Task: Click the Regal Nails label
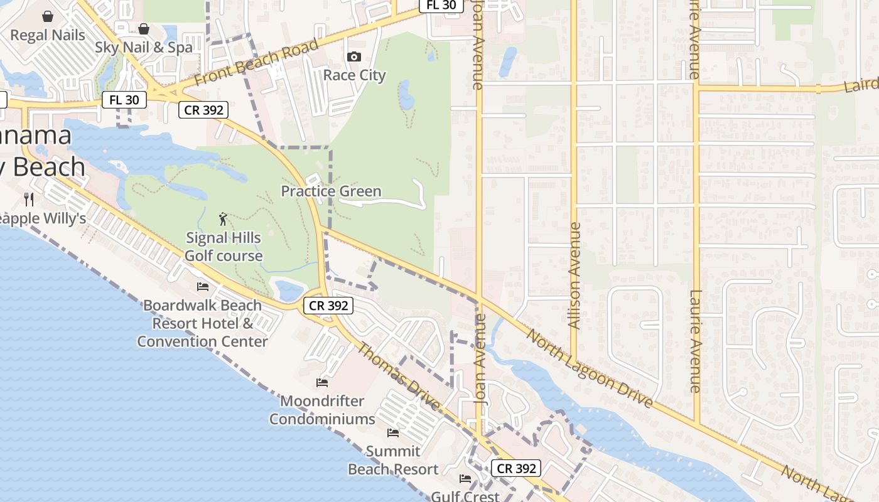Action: (x=48, y=35)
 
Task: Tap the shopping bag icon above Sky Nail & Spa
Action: (x=144, y=29)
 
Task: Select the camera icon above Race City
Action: (x=354, y=57)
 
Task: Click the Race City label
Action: (x=354, y=75)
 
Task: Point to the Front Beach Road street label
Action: (x=256, y=63)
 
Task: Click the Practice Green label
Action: (x=331, y=191)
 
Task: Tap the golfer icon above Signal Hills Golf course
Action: (x=223, y=220)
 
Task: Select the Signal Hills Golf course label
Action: (x=224, y=247)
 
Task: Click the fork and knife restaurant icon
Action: (x=29, y=200)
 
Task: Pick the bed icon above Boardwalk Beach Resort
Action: (x=203, y=287)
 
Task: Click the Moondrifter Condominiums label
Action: (x=322, y=410)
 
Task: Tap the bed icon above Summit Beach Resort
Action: (x=393, y=433)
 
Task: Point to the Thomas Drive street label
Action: (x=398, y=376)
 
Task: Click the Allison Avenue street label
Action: (x=574, y=275)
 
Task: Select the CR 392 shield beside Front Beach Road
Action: (x=203, y=110)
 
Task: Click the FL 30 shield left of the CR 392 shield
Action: (x=124, y=99)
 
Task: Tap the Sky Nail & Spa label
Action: (x=144, y=48)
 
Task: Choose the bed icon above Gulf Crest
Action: (x=465, y=479)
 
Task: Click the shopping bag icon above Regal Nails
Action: (x=48, y=16)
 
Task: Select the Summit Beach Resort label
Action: (x=393, y=460)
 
